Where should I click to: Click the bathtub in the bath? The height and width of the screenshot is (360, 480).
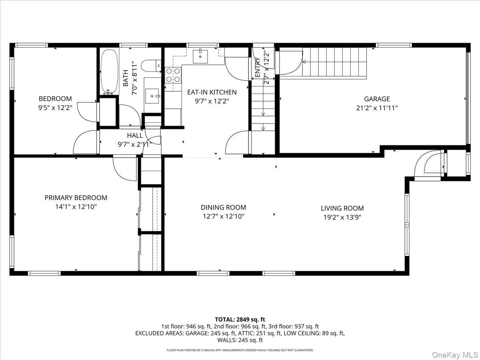[109, 72]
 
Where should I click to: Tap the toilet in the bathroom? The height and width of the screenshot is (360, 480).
[151, 66]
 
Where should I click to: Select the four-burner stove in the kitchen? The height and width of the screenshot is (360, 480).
[173, 75]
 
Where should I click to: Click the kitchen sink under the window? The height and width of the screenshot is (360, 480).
[200, 57]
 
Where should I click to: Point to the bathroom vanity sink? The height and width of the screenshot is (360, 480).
[152, 96]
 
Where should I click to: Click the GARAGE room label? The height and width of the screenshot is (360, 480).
[377, 99]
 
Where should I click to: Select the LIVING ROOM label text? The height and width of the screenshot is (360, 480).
[342, 208]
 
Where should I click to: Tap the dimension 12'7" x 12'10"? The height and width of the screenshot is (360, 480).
[224, 216]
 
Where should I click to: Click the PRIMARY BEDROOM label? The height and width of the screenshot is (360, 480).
[76, 198]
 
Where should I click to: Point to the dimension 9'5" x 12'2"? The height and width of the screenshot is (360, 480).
[55, 108]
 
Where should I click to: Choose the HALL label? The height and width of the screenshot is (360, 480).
[135, 136]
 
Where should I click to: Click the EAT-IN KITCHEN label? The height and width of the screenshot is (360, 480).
[212, 92]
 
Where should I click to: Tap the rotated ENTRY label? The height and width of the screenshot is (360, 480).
[258, 67]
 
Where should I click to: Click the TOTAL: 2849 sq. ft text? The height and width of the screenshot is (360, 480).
[240, 320]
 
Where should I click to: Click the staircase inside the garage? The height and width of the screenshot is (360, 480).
[334, 63]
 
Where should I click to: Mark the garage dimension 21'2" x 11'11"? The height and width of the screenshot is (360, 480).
[377, 108]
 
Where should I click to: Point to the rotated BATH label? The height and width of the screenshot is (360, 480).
[126, 78]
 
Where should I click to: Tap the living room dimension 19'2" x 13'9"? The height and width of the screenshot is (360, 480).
[342, 217]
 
